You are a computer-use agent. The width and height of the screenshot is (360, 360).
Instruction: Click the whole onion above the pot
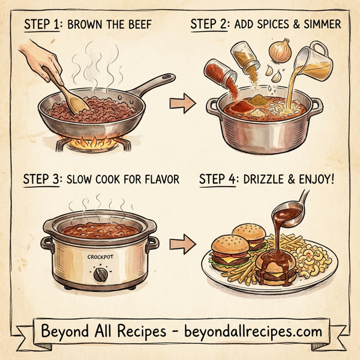(279, 53)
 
